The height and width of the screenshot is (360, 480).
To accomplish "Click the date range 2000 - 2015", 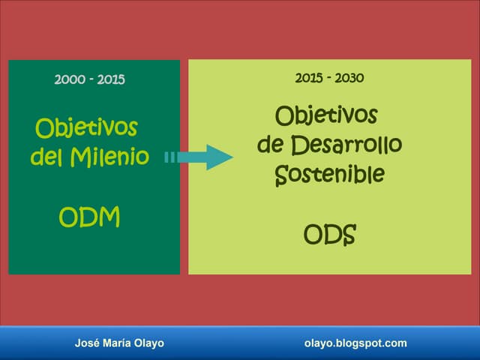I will click(x=90, y=79).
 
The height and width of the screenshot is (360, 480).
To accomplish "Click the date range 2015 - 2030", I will click(x=330, y=77).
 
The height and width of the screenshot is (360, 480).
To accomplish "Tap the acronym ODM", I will click(x=89, y=217).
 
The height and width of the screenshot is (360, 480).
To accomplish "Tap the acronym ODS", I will click(x=329, y=235).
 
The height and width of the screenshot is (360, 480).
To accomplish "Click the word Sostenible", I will click(x=329, y=174).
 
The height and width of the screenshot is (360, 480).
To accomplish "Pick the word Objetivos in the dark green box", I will click(x=86, y=128).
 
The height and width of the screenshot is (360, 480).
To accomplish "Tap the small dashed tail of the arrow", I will click(x=169, y=157).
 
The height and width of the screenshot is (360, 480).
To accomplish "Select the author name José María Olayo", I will click(x=119, y=343).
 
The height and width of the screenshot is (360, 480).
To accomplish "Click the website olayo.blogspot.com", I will click(x=355, y=343).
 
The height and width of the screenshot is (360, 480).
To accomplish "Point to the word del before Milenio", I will click(x=46, y=158).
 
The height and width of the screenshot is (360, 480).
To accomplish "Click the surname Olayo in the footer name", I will click(x=148, y=343).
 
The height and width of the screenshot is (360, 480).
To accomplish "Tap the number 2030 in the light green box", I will click(x=350, y=77).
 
